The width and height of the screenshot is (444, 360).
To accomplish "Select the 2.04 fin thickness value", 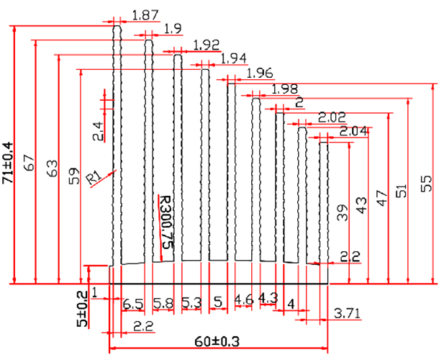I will (x=353, y=131).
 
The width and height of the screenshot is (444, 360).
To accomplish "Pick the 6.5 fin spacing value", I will (x=132, y=303).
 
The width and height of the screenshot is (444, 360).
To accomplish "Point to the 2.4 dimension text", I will (x=98, y=130).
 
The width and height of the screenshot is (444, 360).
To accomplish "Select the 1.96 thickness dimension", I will (x=260, y=73).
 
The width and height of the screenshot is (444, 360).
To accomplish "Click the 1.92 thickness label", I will (x=206, y=44).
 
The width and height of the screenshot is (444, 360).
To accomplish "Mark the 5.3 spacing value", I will (x=191, y=303).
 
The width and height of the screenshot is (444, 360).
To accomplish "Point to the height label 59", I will (x=73, y=176).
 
